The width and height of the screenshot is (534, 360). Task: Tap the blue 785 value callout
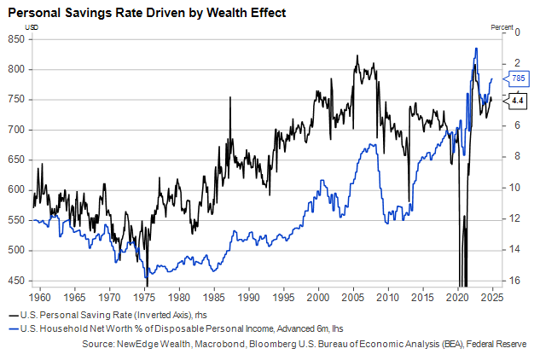(x=518, y=78)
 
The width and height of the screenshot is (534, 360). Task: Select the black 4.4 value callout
(x=518, y=101)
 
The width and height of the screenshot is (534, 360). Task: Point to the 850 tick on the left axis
(x=15, y=39)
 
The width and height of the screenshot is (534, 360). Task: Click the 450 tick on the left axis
(x=15, y=280)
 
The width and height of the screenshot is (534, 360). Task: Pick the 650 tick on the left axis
(x=15, y=160)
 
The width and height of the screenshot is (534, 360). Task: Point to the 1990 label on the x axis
(x=248, y=299)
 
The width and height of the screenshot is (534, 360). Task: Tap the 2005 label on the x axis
(x=353, y=299)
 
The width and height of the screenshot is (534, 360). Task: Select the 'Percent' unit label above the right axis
(x=503, y=27)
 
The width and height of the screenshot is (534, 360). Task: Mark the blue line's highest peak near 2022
(x=475, y=49)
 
